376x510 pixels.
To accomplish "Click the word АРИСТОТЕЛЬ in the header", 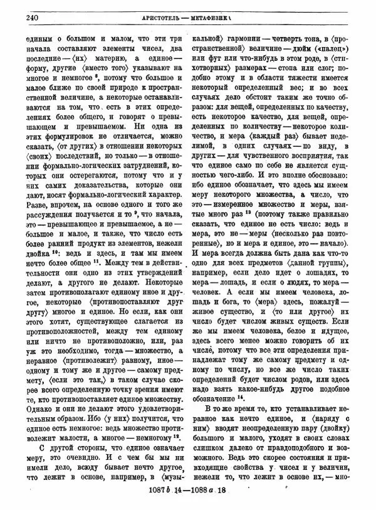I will (x=162, y=17).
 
